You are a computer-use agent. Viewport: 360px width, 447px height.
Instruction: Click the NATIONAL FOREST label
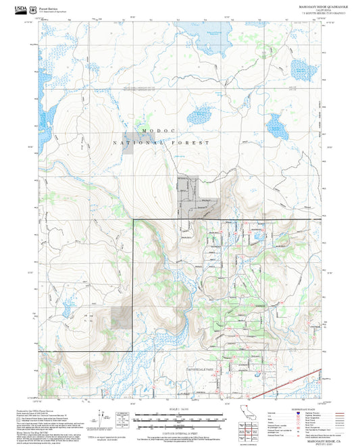click(x=162, y=143)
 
